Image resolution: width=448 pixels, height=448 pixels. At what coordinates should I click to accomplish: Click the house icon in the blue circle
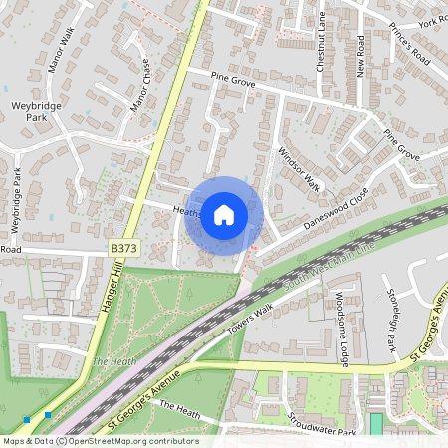[224, 214]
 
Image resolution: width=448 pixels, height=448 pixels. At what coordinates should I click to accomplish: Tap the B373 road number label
[121, 244]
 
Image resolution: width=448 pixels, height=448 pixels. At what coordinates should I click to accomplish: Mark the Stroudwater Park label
[321, 426]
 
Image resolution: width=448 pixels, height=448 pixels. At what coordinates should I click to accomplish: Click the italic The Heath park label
[113, 361]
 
